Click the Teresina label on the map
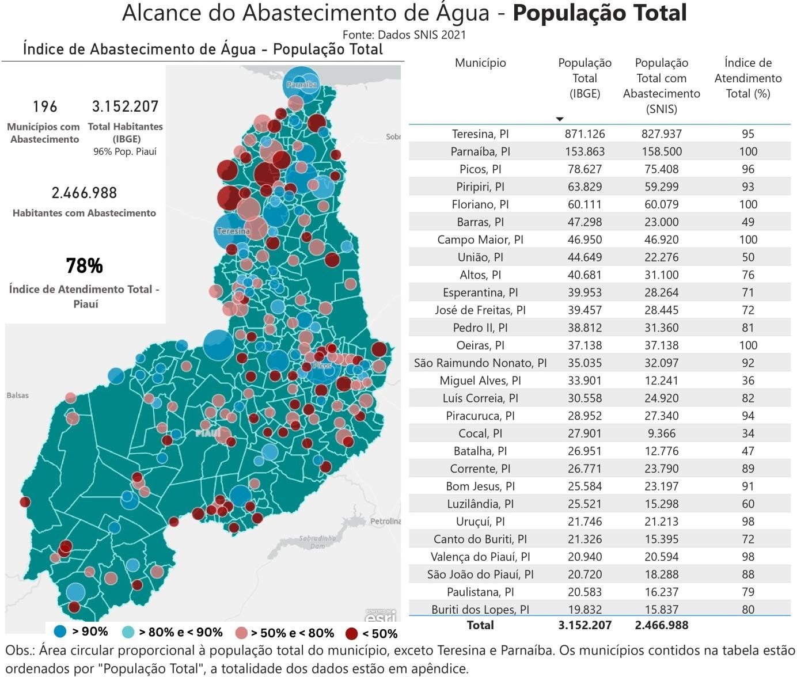[233, 231]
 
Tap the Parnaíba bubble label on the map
[302, 85]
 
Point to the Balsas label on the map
[17, 395]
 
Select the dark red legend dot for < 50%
[351, 634]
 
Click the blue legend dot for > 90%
[60, 632]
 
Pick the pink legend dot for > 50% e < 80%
[242, 633]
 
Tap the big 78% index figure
[84, 266]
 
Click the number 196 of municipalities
[45, 107]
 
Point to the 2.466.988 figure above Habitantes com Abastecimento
[84, 193]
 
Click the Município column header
[480, 63]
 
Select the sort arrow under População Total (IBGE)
[559, 119]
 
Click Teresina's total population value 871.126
[585, 134]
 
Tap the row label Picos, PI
[480, 169]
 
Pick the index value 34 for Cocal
[748, 433]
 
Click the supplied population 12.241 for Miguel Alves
[661, 381]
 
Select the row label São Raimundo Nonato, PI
[480, 363]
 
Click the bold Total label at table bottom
[480, 625]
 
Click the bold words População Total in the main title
[599, 13]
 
